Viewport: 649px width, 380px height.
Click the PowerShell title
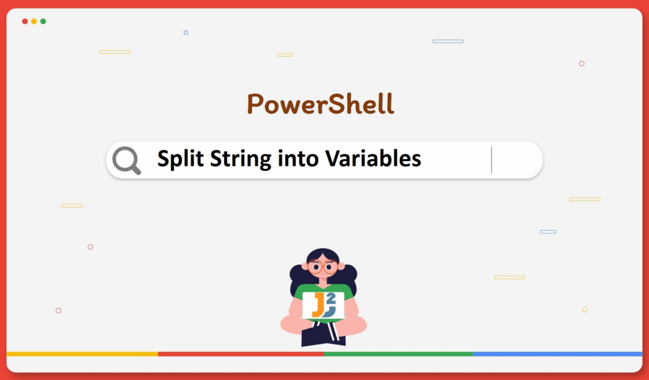click(320, 104)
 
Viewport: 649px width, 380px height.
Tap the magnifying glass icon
click(126, 160)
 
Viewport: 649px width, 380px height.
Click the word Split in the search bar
click(181, 159)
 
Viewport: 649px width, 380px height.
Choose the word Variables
click(373, 159)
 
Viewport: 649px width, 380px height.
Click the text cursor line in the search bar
click(491, 160)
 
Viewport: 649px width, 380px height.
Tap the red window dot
click(25, 21)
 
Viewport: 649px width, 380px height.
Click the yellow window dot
click(34, 21)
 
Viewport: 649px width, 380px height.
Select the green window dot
click(43, 21)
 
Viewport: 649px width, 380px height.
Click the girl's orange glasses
click(322, 267)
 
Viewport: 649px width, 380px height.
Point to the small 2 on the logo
click(332, 298)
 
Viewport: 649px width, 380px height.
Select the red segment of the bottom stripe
click(241, 354)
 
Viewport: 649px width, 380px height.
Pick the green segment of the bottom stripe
click(398, 354)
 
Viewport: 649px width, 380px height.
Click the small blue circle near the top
click(186, 32)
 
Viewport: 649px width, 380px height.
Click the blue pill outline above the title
click(448, 41)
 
